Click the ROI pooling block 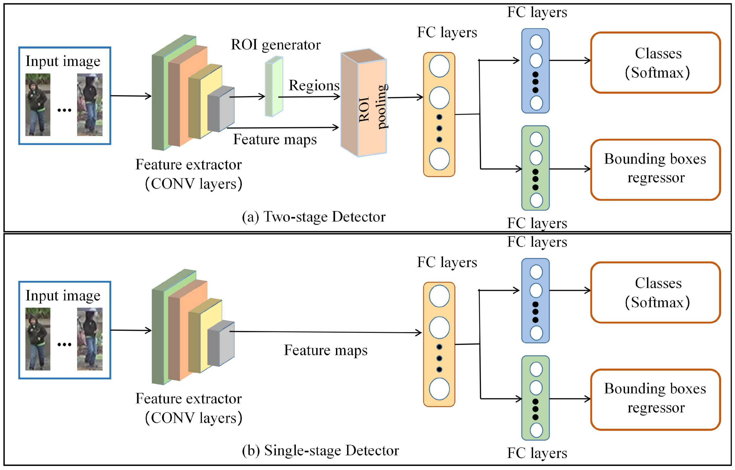tap(363, 102)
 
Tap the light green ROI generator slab tap(274, 86)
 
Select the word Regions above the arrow tap(314, 85)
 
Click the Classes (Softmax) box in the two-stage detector tap(655, 63)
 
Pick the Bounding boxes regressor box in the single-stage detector tap(655, 400)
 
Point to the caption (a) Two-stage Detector tap(314, 217)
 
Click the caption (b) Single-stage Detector tap(320, 450)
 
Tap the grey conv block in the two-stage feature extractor tap(221, 109)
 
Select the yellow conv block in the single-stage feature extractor tap(205, 335)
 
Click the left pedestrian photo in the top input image tap(38, 105)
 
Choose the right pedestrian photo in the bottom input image tap(90, 339)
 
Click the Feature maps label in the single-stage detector tap(326, 350)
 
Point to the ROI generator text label tap(276, 45)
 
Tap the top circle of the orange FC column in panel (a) tap(439, 66)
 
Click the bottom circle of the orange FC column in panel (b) tap(439, 389)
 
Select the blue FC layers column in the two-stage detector tap(535, 71)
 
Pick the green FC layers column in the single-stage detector tap(535, 398)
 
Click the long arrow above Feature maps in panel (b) tap(326, 332)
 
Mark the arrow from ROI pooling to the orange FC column tap(405, 98)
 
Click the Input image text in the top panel tap(63, 61)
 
